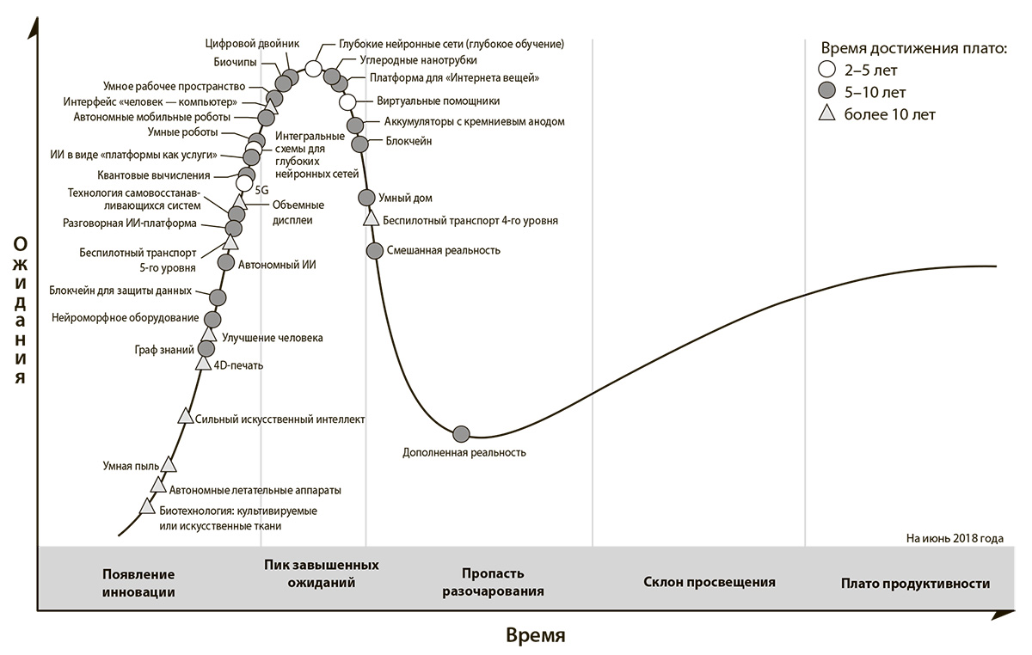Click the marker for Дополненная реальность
click(461, 433)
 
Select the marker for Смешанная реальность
click(374, 250)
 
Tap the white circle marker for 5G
click(244, 183)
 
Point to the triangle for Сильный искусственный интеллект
click(185, 416)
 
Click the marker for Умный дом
click(366, 198)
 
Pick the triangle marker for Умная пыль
click(169, 464)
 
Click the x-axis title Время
click(536, 636)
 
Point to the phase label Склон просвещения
click(709, 582)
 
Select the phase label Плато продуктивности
click(915, 584)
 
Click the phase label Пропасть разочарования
click(494, 582)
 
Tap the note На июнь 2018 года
click(954, 539)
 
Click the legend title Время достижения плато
click(913, 48)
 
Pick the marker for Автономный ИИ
click(226, 262)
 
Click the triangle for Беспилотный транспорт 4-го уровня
click(371, 217)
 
